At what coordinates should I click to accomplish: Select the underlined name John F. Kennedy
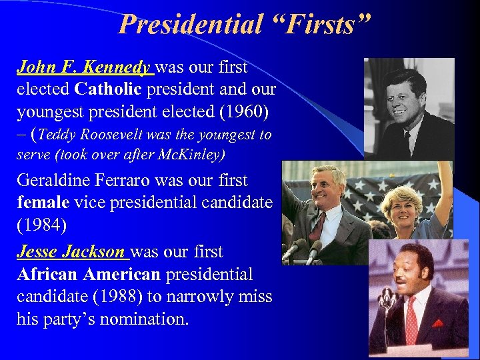[85, 67]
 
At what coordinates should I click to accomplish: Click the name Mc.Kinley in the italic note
[191, 155]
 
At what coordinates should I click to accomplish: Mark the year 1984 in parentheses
[41, 225]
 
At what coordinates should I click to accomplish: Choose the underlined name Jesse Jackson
[71, 252]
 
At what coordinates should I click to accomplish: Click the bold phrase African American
[89, 275]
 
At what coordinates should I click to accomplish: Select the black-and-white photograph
[409, 108]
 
